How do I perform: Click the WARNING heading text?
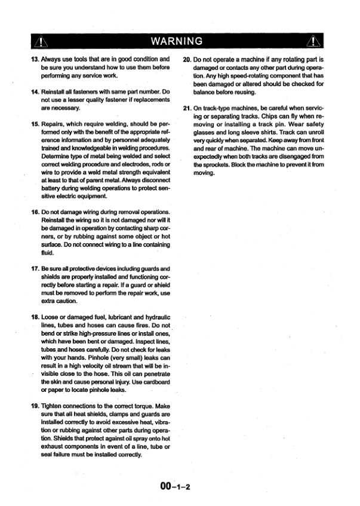coord(180,41)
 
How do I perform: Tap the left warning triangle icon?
coord(39,41)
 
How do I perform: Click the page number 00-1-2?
coord(174,485)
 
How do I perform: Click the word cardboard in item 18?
coord(154,380)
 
